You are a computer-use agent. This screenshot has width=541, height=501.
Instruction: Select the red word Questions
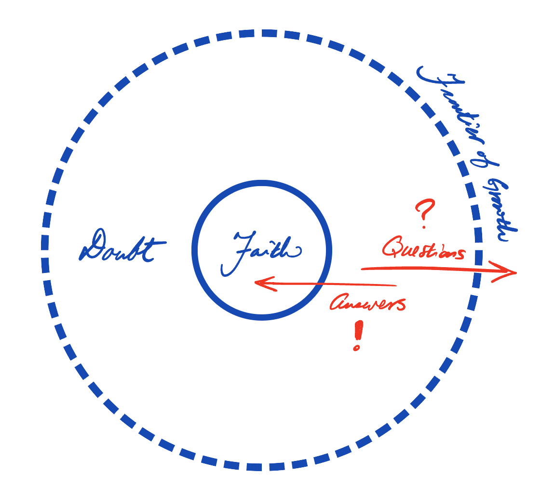[423, 248]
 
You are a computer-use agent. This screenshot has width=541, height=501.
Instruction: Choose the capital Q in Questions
[393, 247]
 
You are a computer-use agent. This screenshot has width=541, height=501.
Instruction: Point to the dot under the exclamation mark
[357, 347]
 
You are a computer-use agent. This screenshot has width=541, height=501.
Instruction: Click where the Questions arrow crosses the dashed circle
[478, 271]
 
